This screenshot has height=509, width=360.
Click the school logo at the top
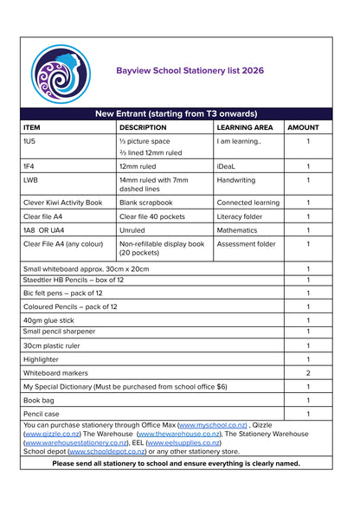(61, 74)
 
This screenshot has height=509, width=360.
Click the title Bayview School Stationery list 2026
(190, 70)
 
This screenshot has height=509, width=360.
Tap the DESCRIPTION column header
(142, 127)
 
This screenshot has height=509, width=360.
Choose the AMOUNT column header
(303, 127)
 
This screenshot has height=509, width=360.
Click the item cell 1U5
(29, 141)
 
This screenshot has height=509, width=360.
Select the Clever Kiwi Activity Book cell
(62, 203)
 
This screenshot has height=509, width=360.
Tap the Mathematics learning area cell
(237, 230)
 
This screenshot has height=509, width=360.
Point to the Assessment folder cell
(246, 244)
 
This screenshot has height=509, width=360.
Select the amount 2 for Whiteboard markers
(308, 372)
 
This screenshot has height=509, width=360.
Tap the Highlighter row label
(41, 358)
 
